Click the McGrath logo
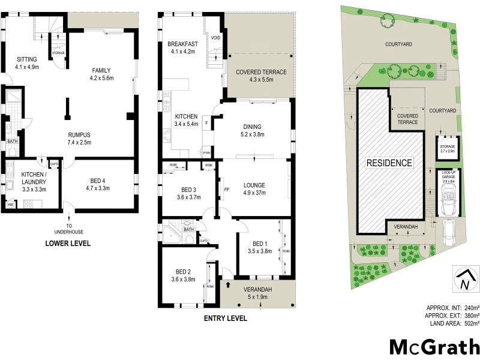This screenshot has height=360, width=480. click(x=435, y=347)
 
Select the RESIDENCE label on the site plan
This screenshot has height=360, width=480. click(x=389, y=163)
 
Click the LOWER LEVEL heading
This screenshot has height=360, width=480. click(x=68, y=243)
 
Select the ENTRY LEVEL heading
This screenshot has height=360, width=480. click(x=226, y=319)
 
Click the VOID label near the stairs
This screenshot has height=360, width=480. click(x=215, y=38)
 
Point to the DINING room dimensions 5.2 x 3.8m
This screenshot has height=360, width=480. click(x=252, y=135)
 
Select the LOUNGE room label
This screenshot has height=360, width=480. click(x=254, y=185)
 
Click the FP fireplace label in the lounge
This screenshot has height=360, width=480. click(x=226, y=190)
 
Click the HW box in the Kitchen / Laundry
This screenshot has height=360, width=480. click(x=10, y=205)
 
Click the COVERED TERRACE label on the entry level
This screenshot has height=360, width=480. click(x=260, y=72)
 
